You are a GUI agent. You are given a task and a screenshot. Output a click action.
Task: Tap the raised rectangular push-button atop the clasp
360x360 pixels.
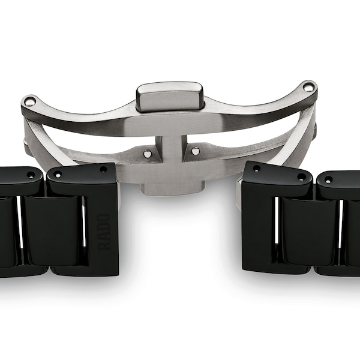169,95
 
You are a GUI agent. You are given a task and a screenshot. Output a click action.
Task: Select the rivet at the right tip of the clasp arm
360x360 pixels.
308,88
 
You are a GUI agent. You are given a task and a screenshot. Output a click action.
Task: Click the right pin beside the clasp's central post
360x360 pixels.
196,151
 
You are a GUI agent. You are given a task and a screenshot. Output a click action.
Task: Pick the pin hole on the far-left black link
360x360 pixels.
31,175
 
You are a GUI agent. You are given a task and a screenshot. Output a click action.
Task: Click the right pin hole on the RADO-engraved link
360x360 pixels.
103,170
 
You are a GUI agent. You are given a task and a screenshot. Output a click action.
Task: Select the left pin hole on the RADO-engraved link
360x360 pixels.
58,175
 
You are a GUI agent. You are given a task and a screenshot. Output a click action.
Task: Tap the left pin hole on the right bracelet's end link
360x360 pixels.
257,169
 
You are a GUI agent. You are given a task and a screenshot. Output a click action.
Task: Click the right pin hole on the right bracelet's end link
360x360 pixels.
301,177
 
